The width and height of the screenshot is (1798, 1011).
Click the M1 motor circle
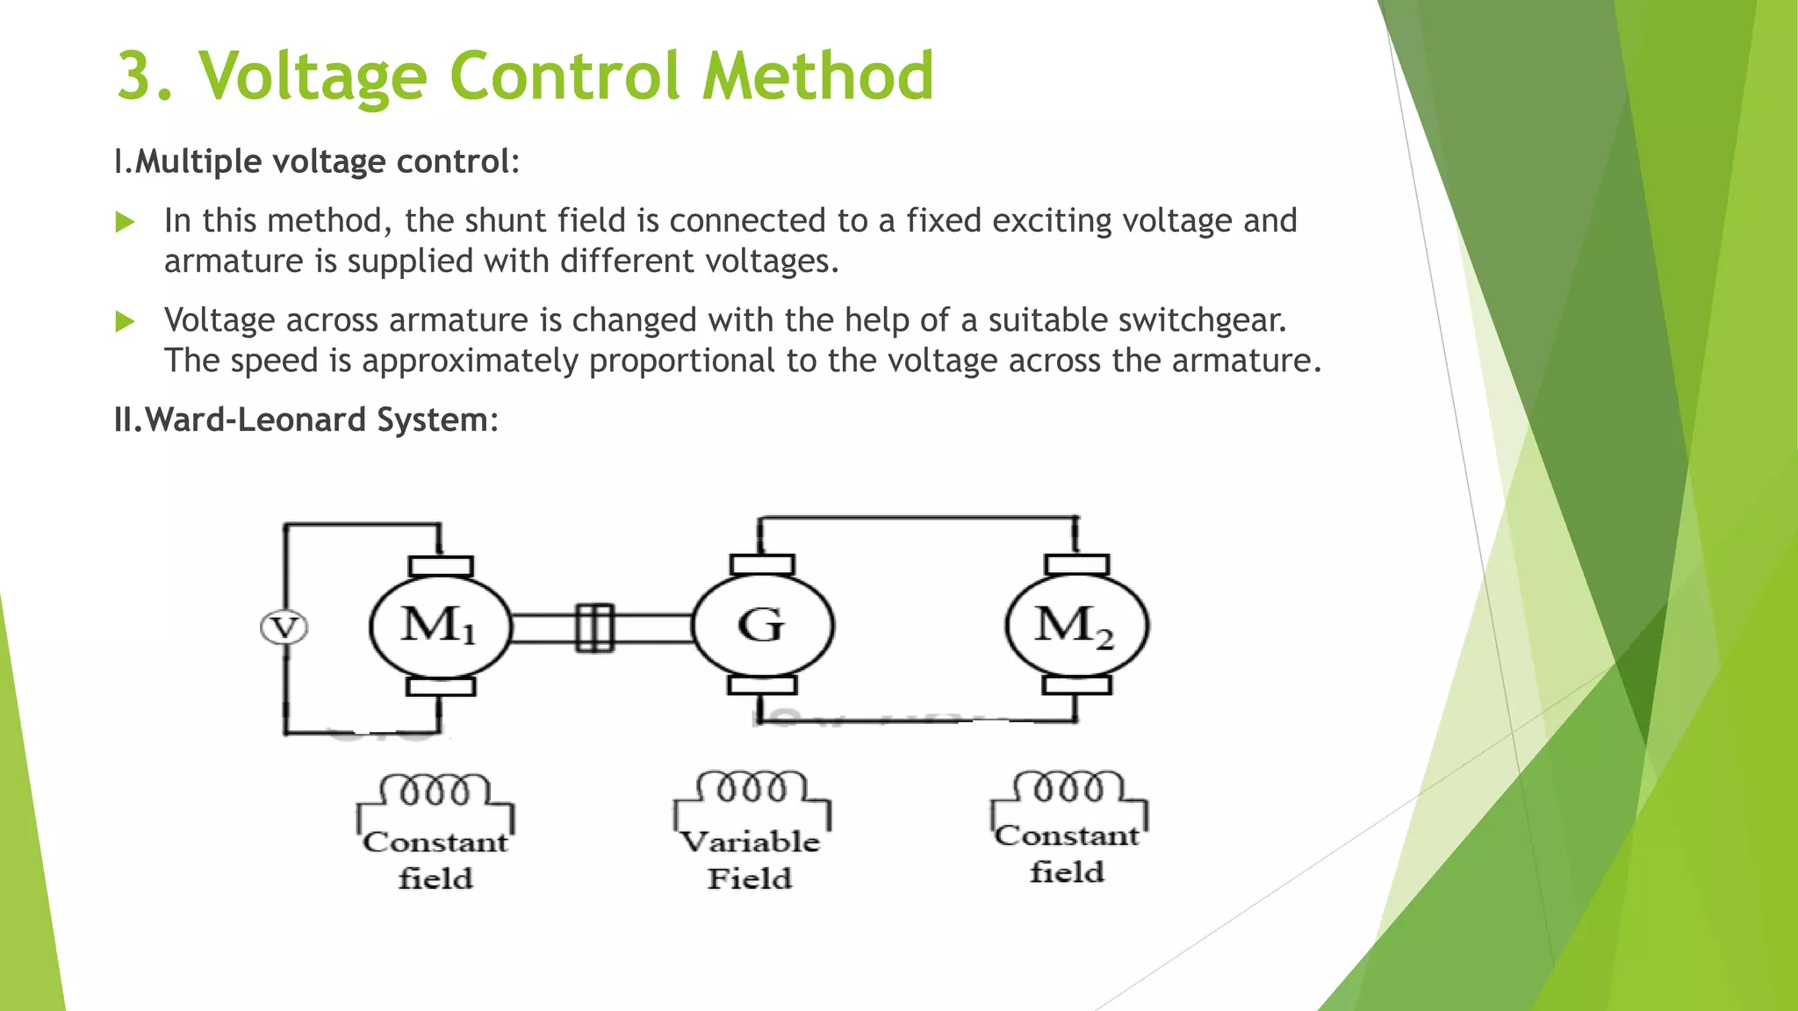[x=439, y=627]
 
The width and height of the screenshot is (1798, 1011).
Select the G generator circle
[x=762, y=626]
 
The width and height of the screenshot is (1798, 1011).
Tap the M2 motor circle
[x=1076, y=626]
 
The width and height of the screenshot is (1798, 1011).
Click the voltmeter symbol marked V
[x=284, y=628]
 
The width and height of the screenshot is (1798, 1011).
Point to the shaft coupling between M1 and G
[x=594, y=627]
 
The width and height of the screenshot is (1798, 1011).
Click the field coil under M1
[x=435, y=790]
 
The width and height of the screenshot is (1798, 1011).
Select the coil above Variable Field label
[x=752, y=787]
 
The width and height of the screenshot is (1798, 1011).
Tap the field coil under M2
[x=1068, y=787]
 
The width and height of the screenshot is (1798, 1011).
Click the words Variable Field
[x=751, y=860]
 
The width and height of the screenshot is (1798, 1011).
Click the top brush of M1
[x=441, y=566]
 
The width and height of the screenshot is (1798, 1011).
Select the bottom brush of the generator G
[x=763, y=685]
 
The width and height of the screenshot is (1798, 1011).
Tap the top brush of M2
[x=1077, y=564]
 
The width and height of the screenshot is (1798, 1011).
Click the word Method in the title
[x=817, y=75]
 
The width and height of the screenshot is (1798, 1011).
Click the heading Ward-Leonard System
[x=306, y=419]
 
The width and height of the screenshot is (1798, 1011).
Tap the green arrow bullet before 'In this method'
[x=126, y=222]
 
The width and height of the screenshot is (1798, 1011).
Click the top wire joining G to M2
[x=917, y=518]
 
